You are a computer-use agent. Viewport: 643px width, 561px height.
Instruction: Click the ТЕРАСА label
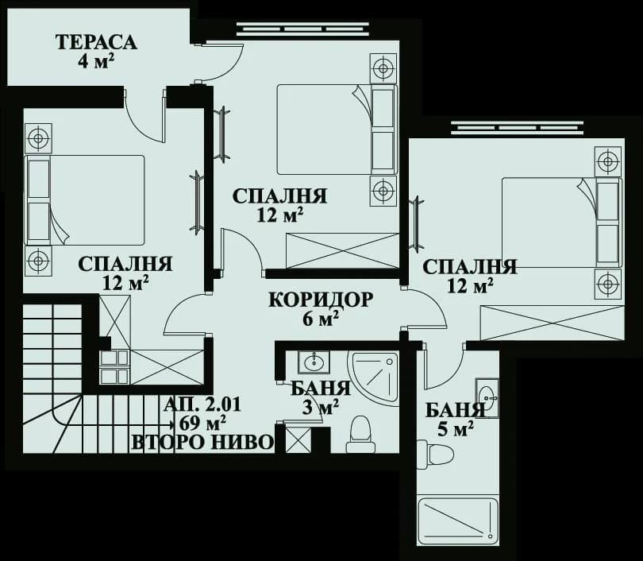coord(96,42)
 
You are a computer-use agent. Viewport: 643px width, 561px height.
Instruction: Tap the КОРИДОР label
coord(320,300)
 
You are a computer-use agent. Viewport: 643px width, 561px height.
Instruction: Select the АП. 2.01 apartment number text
coord(202,404)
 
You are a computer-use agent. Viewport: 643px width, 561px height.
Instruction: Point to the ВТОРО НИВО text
coord(202,443)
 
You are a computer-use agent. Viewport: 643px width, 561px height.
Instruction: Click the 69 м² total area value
coord(203,423)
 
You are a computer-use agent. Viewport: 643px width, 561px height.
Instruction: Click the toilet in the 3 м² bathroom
coord(360,434)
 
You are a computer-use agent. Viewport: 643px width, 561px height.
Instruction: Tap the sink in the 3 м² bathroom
coord(313,362)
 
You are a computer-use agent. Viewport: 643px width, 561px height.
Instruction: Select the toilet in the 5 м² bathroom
coord(435,455)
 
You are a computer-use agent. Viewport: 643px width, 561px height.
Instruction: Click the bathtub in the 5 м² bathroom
coord(458,521)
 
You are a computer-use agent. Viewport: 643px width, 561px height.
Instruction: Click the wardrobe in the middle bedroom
coord(341,250)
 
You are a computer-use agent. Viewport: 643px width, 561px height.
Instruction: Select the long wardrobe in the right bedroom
coord(552,322)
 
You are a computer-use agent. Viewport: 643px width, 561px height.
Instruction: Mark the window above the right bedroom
coord(517,127)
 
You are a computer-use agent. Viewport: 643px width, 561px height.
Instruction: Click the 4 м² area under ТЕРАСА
coord(97,62)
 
